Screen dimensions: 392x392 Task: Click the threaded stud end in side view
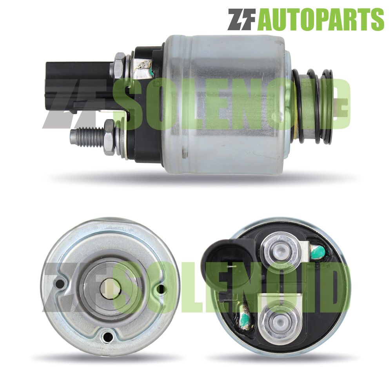87,136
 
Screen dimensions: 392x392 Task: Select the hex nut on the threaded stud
109,137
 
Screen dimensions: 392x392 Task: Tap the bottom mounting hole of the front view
108,337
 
